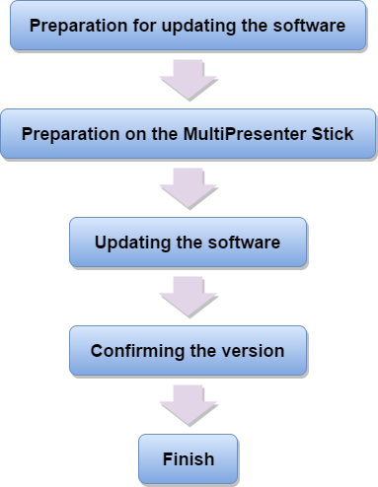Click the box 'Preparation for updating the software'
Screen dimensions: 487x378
pos(188,26)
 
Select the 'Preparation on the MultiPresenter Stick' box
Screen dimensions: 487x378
pos(188,134)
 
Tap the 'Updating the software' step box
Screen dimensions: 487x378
pos(188,243)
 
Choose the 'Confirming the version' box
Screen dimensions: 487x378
pos(188,351)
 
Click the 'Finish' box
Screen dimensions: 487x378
pos(188,458)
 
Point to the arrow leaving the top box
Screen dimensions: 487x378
pos(188,80)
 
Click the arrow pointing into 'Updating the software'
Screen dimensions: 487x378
pos(188,188)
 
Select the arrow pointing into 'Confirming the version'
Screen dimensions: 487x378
pos(188,297)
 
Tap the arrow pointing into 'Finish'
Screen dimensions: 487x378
pos(188,405)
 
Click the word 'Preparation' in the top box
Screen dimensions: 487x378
pos(76,26)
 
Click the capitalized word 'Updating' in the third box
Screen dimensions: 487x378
pos(129,243)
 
